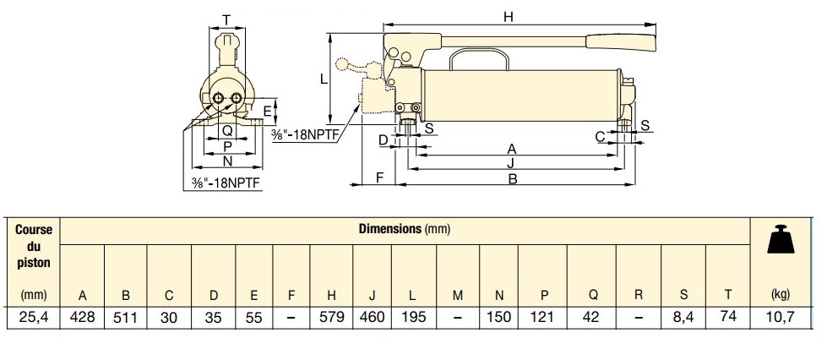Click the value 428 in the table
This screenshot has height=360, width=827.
point(83,318)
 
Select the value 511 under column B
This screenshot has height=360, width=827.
point(126,318)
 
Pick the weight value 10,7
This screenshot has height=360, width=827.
point(781,318)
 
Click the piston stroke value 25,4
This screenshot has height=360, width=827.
point(33,318)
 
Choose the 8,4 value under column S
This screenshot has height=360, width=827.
point(683,318)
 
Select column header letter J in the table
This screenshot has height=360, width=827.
point(372,296)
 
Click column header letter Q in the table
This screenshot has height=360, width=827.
point(593,296)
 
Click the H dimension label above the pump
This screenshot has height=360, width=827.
point(508,16)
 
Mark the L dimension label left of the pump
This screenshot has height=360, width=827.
point(324,79)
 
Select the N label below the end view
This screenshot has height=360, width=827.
point(226,161)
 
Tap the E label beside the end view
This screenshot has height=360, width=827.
point(267,111)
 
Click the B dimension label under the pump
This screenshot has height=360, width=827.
point(512,179)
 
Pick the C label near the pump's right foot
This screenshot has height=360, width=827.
point(600,136)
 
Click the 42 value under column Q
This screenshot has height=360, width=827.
point(593,318)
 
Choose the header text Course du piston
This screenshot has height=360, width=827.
point(33,245)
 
